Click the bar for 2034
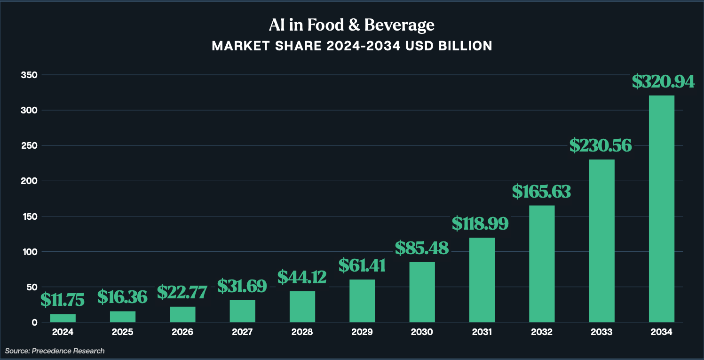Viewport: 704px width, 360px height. [661, 209]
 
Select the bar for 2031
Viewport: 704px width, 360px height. [482, 280]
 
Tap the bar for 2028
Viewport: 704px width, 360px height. [302, 307]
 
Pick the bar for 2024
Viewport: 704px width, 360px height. [63, 318]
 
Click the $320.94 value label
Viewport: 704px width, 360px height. [663, 81]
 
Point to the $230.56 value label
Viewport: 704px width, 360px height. [601, 145]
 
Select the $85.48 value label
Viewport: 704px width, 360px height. [422, 248]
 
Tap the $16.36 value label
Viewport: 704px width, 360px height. [122, 297]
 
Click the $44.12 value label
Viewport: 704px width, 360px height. [302, 277]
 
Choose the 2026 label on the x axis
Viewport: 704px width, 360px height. [182, 332]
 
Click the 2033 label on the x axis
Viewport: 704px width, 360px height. [601, 332]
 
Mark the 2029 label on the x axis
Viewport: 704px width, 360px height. [362, 332]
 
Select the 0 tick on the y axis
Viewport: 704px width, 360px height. [34, 322]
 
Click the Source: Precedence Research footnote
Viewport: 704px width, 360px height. [55, 351]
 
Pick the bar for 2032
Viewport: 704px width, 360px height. [542, 264]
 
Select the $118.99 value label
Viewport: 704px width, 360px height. [480, 223]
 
